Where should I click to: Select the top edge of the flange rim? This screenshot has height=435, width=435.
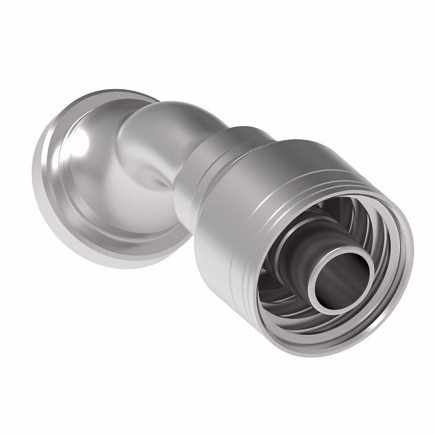pyautogui.click(x=109, y=95)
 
